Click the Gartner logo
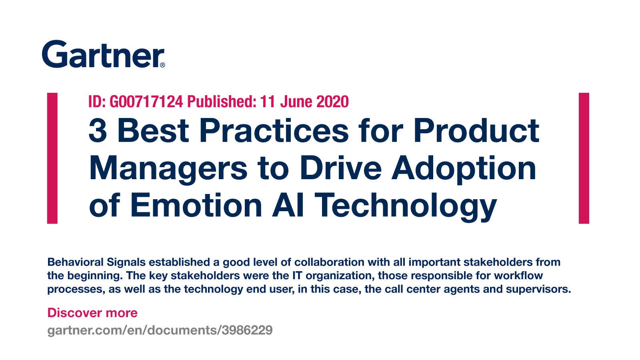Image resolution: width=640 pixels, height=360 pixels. click(103, 54)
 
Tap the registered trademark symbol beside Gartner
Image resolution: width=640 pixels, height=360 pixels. click(162, 65)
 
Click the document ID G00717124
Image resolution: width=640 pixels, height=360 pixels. click(146, 102)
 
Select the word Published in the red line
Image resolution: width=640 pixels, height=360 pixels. click(222, 102)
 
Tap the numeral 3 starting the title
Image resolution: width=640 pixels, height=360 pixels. click(98, 130)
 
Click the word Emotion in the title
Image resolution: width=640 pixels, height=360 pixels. click(196, 205)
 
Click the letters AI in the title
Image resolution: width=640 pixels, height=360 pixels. click(288, 205)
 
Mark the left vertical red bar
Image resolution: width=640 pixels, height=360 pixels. click(52, 158)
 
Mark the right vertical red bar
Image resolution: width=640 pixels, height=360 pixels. click(584, 158)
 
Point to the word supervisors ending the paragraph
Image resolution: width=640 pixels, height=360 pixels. click(538, 290)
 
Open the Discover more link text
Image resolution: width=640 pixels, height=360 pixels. click(92, 313)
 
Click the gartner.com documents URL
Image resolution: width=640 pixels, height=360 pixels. click(160, 330)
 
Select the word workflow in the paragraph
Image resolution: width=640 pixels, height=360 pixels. click(518, 276)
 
